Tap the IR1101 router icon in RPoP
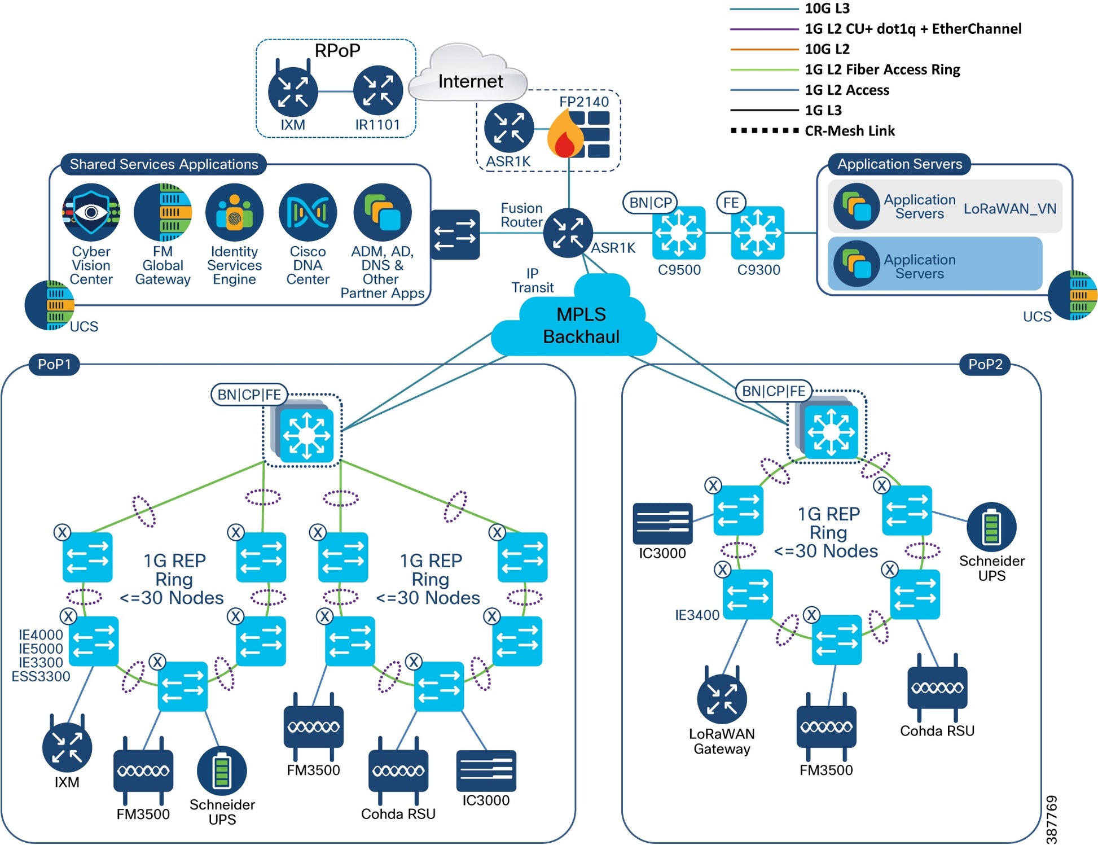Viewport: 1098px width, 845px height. [x=377, y=91]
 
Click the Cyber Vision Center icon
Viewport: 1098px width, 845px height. [x=91, y=212]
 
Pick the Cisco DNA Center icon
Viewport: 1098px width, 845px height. [x=308, y=212]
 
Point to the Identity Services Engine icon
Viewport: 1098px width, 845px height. [x=234, y=212]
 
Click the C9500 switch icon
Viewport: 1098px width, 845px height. [x=679, y=233]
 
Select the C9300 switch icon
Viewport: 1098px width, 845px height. [x=758, y=233]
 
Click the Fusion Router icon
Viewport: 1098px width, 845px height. [x=568, y=233]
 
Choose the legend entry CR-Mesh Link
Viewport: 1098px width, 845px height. [x=849, y=131]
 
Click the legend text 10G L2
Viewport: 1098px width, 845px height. [x=827, y=49]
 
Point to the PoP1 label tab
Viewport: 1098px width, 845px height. [x=54, y=365]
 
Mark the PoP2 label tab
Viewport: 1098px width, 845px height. [x=985, y=365]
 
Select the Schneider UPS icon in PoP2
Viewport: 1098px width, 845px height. [x=991, y=527]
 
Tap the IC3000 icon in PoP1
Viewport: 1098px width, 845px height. [x=486, y=770]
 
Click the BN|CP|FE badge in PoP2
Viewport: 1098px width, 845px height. [x=773, y=391]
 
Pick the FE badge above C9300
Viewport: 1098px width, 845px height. [x=731, y=203]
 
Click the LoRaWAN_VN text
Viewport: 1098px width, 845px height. [x=1009, y=209]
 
